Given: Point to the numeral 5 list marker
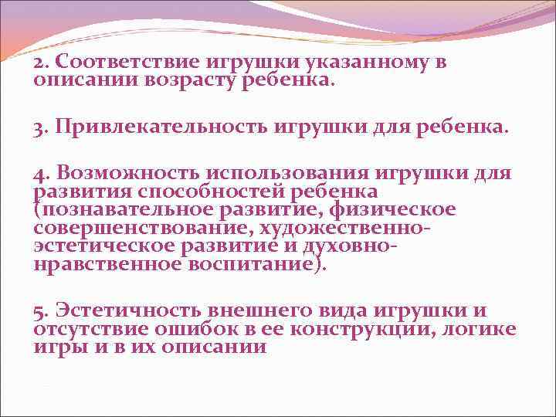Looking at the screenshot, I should point(39,310).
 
